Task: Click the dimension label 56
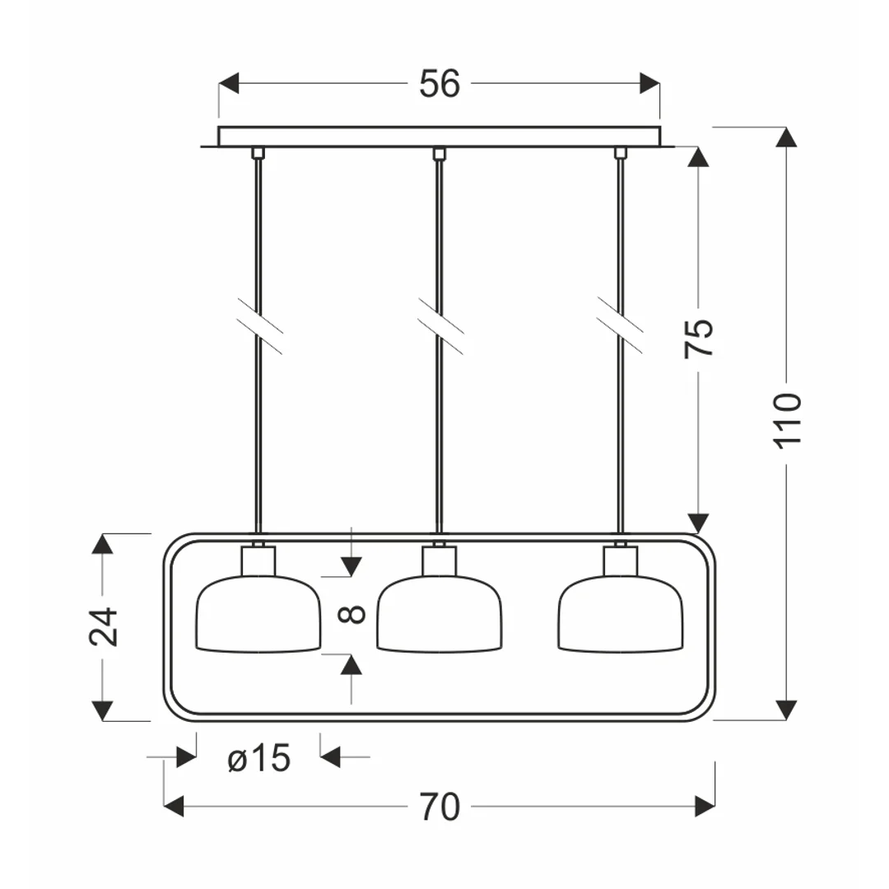click(x=440, y=84)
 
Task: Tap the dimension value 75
click(x=699, y=338)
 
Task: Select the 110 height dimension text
click(x=788, y=421)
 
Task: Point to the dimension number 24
click(x=103, y=626)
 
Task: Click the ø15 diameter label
click(x=259, y=758)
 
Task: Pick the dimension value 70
click(x=440, y=807)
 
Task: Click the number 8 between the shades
click(x=351, y=614)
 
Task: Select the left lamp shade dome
click(x=258, y=613)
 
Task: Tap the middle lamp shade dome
click(x=440, y=613)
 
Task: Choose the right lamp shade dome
click(x=621, y=613)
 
